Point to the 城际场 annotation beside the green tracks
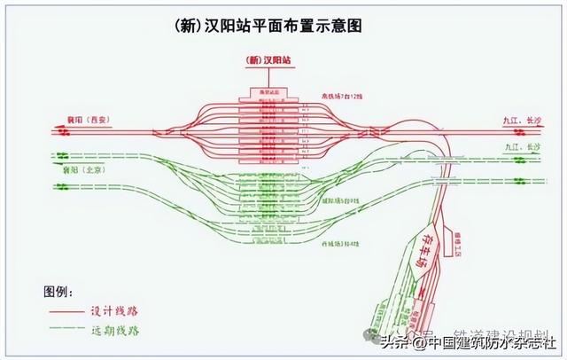point(340,201)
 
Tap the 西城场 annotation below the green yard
point(340,243)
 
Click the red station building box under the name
point(267,91)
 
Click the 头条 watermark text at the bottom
point(393,341)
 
